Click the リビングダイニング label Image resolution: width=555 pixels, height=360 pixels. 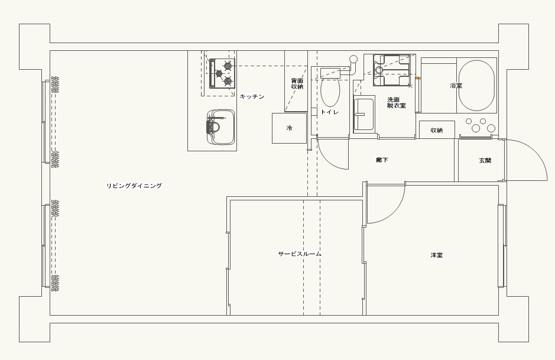134,186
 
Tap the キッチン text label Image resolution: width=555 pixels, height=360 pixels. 252,96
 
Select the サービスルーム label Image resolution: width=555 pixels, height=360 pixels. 300,254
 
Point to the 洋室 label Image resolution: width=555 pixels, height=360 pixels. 436,255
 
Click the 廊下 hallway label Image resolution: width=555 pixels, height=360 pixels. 382,160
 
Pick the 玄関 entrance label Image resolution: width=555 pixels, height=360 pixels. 485,160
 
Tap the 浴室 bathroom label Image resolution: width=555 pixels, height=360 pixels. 456,85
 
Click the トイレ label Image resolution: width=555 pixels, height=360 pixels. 330,112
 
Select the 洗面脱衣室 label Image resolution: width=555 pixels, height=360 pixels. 396,102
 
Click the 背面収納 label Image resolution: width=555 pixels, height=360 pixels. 297,83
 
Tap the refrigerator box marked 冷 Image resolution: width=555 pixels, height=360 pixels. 289,128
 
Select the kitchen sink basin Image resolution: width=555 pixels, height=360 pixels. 221,127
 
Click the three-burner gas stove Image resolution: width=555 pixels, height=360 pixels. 222,73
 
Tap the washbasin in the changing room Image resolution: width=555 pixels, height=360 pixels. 364,114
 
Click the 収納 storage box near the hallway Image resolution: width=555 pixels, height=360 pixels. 437,130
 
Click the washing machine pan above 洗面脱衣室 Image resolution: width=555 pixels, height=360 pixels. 391,70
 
